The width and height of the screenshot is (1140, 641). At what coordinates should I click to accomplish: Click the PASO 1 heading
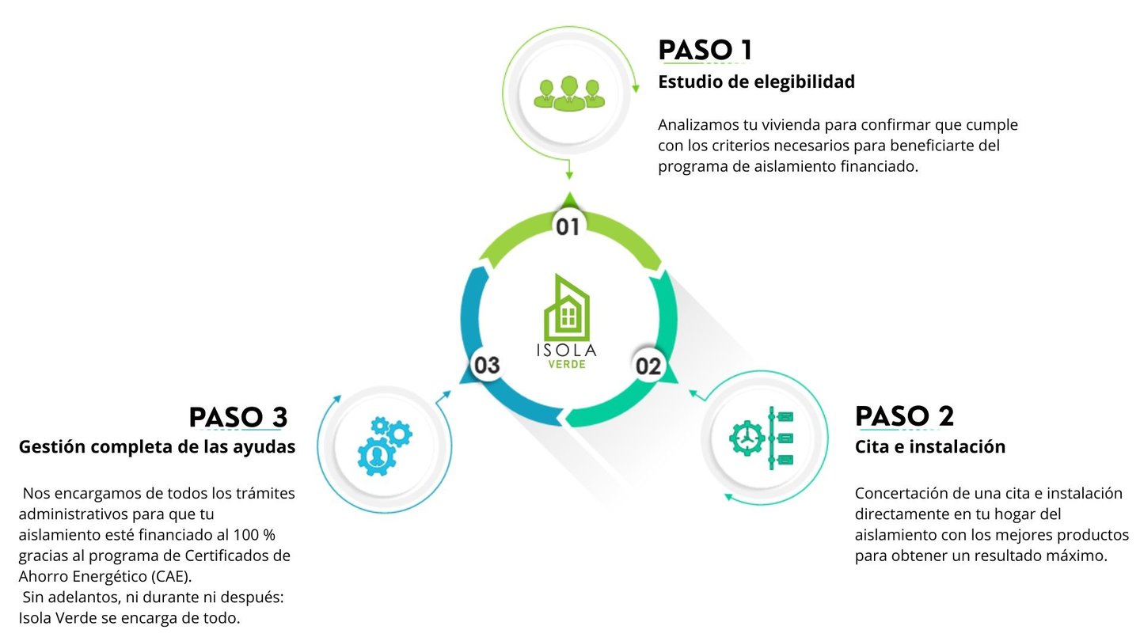(x=705, y=50)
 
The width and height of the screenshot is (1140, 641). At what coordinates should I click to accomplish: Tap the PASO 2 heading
(x=904, y=415)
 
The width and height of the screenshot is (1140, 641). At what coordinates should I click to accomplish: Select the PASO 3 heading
(x=237, y=416)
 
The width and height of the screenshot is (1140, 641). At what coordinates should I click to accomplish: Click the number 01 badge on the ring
(x=568, y=227)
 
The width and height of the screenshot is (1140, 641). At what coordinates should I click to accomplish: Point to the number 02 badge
(x=648, y=366)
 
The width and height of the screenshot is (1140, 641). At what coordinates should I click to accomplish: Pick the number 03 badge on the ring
(x=486, y=366)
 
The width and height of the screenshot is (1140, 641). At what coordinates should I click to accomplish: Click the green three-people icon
(x=568, y=93)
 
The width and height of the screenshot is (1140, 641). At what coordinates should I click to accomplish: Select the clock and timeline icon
(x=761, y=438)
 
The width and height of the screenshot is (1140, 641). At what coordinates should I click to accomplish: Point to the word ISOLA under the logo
(x=567, y=349)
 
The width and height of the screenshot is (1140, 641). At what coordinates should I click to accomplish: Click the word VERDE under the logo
(x=567, y=364)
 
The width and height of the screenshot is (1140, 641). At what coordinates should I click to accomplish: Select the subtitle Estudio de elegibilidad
(x=756, y=82)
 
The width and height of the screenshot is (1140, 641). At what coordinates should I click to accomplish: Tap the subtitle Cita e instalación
(x=929, y=446)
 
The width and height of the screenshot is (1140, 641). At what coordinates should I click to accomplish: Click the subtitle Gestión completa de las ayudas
(x=157, y=446)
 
